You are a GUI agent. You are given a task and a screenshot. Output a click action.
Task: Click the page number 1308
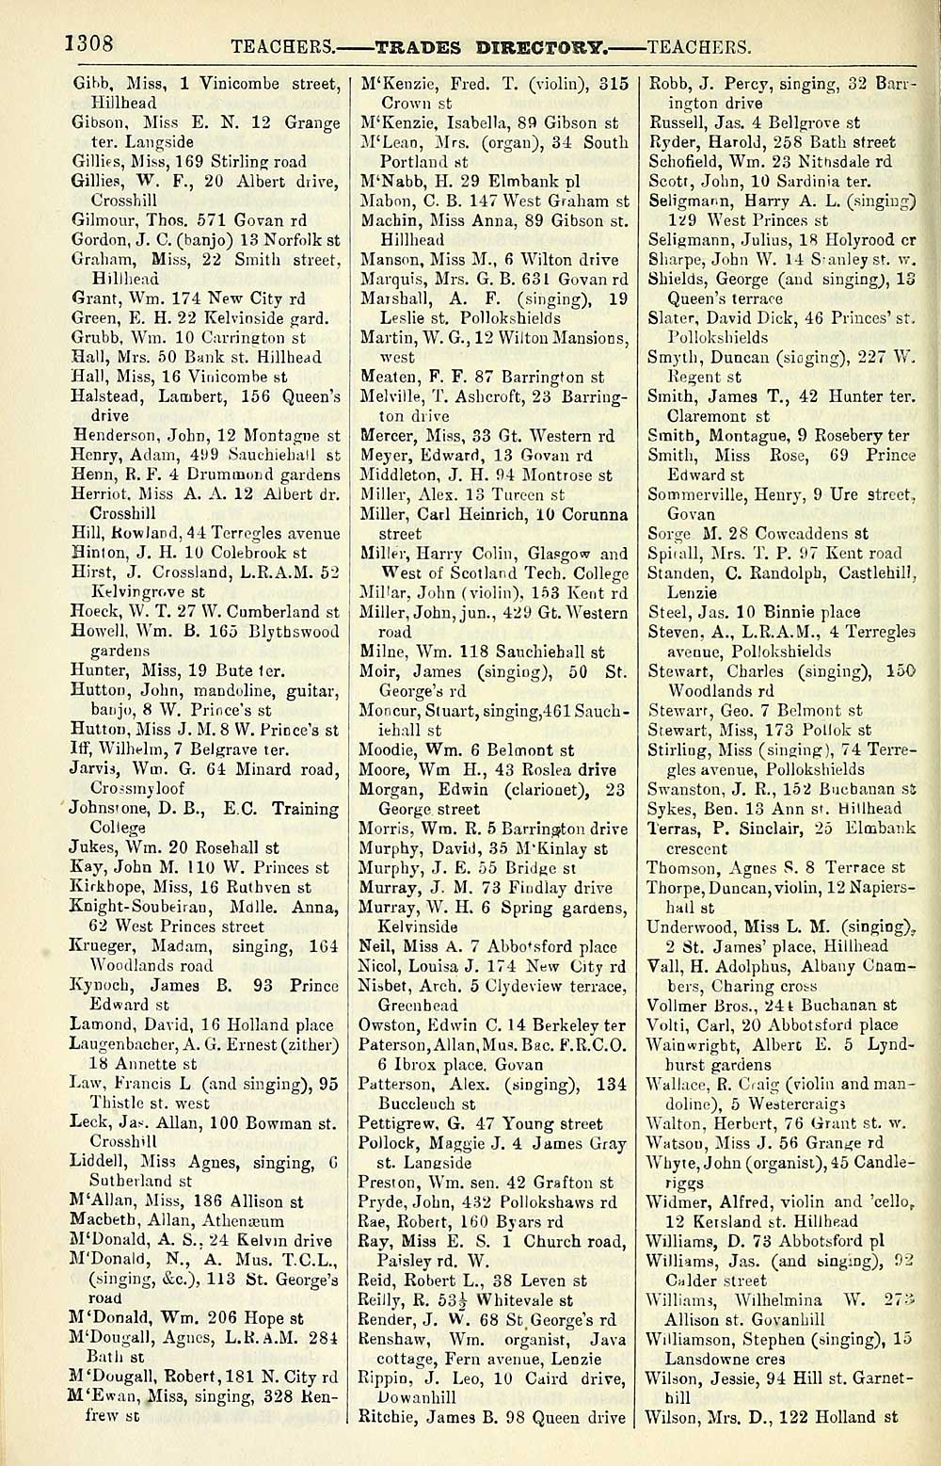(x=89, y=44)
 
